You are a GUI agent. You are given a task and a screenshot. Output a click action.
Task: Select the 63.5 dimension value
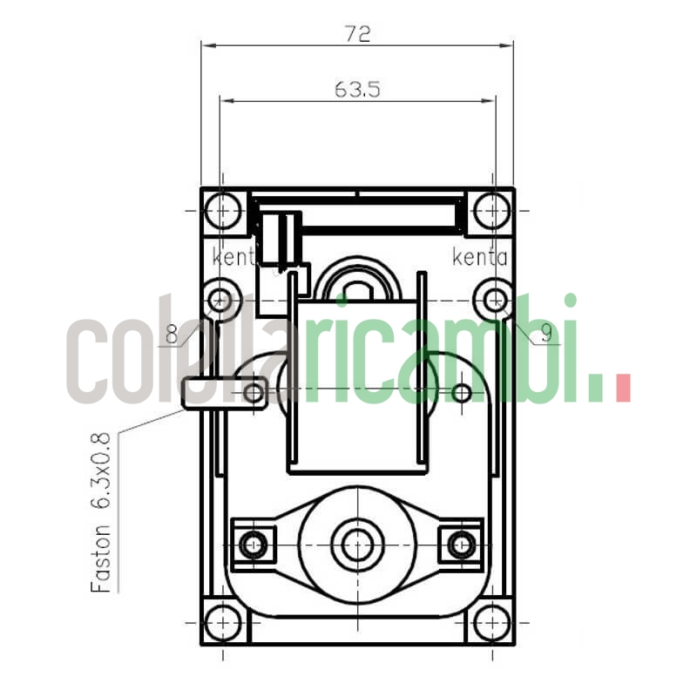click(x=356, y=89)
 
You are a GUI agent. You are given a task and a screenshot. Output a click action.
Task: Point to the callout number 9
click(x=545, y=332)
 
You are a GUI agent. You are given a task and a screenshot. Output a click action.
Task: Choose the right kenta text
click(x=479, y=257)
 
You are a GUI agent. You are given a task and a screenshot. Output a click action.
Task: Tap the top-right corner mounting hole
click(x=494, y=210)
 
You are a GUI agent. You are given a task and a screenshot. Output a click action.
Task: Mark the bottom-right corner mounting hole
click(x=494, y=621)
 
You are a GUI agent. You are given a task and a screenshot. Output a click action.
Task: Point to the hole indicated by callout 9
click(x=494, y=301)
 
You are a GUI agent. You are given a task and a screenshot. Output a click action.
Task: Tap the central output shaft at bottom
click(x=355, y=545)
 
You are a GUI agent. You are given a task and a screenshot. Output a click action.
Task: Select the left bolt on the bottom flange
click(x=253, y=545)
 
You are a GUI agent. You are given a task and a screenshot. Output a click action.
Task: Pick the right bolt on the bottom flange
click(x=460, y=545)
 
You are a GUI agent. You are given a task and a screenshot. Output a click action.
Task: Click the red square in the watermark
click(x=622, y=388)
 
